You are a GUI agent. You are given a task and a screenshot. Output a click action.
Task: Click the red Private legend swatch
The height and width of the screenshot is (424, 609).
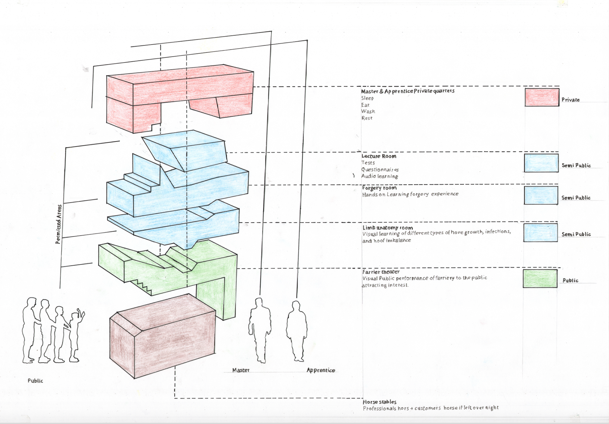542,97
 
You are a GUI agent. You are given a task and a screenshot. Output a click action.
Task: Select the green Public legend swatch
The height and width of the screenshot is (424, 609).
540,279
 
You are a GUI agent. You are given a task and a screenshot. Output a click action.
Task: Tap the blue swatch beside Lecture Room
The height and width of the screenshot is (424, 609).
541,163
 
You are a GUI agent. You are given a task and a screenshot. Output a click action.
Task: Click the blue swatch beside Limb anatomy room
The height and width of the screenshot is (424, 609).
540,233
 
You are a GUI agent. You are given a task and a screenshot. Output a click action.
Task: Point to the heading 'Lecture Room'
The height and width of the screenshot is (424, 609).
379,156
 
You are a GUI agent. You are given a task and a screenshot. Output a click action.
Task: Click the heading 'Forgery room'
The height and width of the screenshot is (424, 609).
379,188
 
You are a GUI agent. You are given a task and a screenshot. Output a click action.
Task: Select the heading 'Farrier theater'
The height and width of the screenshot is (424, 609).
381,272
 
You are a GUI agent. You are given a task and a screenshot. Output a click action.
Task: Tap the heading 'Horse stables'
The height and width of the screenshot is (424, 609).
380,402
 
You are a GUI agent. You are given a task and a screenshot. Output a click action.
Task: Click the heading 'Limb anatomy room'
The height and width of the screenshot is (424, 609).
388,228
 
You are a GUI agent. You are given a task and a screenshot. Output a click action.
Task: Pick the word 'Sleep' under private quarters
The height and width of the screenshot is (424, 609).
367,98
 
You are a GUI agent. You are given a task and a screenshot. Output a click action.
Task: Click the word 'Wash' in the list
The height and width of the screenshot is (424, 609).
368,112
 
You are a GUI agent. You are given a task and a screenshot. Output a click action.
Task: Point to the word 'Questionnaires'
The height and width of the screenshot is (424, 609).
380,170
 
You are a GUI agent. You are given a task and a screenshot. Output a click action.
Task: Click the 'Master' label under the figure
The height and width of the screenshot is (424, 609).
241,370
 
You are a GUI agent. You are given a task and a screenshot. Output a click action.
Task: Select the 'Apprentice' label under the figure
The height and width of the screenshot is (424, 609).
321,370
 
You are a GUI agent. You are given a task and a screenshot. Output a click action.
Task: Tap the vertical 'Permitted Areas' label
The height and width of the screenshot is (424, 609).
59,224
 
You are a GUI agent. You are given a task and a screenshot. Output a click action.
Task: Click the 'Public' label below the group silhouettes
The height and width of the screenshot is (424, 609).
35,381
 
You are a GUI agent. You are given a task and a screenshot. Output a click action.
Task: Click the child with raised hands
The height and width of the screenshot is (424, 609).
75,336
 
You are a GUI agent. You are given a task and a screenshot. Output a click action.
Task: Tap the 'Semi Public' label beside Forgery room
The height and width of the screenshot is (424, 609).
576,198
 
